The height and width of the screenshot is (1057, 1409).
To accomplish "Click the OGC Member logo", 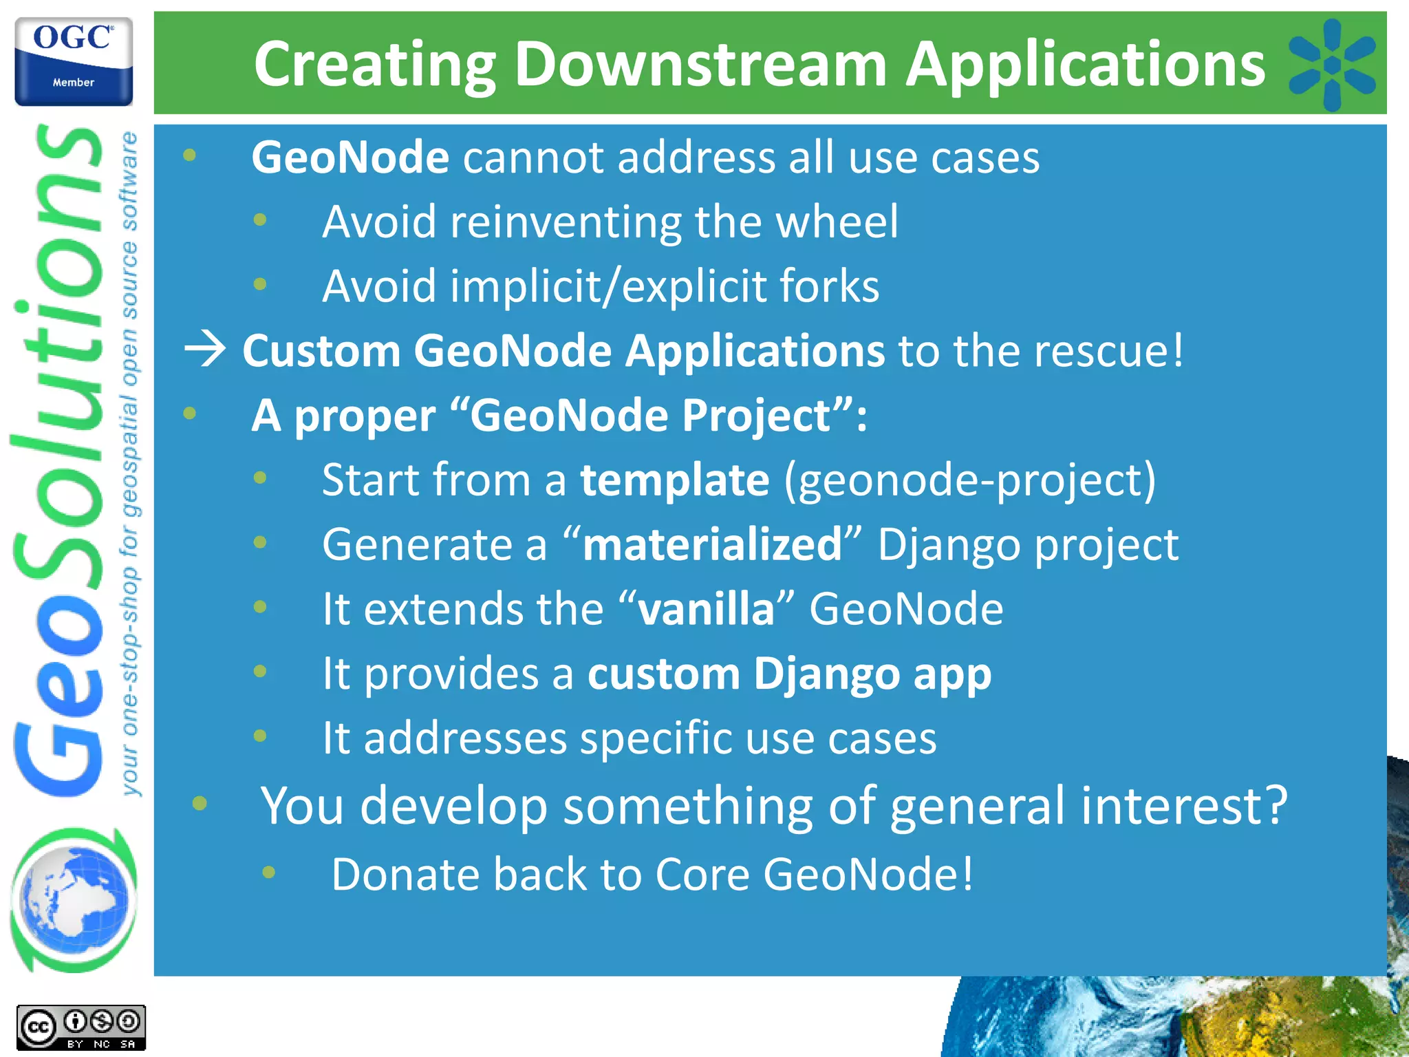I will click(x=74, y=61).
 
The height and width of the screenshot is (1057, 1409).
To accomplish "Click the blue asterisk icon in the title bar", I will click(x=1331, y=65).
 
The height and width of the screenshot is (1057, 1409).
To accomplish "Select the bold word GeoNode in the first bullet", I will click(x=350, y=158).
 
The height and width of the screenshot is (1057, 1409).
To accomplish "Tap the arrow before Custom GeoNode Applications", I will click(x=205, y=350).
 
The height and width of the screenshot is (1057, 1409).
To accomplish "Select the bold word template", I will click(x=674, y=480).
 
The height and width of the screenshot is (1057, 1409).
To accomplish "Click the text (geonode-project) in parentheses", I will click(x=970, y=480).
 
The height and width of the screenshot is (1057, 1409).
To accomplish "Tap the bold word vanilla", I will click(x=706, y=609).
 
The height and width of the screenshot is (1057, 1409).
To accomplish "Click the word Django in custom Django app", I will click(x=826, y=674).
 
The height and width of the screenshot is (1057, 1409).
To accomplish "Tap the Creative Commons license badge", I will click(x=81, y=1028).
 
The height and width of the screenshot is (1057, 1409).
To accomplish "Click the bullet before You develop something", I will click(x=200, y=803).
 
